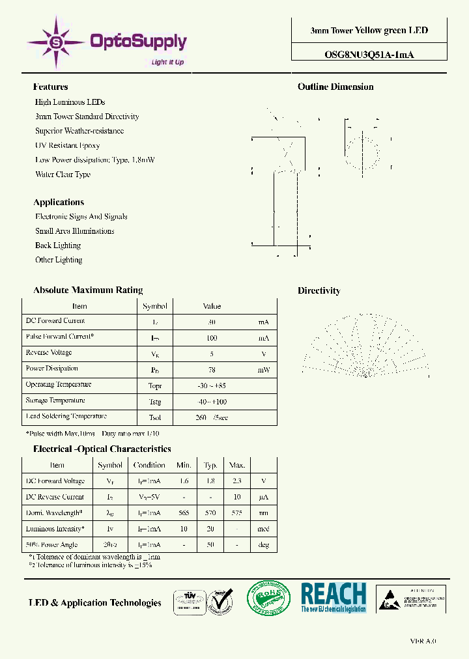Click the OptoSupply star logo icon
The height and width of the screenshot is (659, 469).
click(x=55, y=42)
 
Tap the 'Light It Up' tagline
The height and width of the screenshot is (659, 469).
click(x=167, y=63)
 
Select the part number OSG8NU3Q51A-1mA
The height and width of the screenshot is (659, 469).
click(x=369, y=55)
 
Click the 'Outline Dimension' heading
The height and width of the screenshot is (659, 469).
click(x=335, y=87)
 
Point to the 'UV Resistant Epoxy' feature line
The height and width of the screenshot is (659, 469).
click(x=68, y=145)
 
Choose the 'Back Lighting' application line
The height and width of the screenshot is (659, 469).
click(x=58, y=245)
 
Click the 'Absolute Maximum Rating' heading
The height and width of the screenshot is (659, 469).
click(x=88, y=290)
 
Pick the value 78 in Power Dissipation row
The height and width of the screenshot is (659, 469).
click(x=212, y=369)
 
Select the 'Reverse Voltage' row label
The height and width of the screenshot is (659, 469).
click(x=49, y=352)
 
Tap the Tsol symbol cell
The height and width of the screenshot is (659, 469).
click(x=154, y=417)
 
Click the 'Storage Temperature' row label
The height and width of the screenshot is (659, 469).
click(x=55, y=400)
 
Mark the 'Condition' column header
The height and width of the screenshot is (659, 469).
click(x=149, y=465)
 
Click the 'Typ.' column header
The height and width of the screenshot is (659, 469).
click(x=210, y=465)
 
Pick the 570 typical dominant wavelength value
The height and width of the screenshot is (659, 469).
click(x=210, y=513)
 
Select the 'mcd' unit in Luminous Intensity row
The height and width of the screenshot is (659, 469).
click(x=263, y=529)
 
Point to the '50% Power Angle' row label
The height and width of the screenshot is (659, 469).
click(x=51, y=544)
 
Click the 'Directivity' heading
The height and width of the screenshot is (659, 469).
click(x=319, y=290)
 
